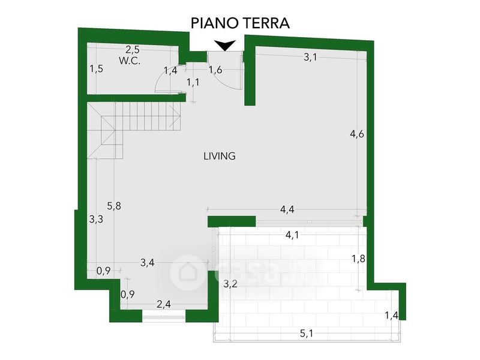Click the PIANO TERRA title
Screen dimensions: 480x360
coord(241,23)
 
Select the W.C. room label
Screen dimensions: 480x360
coord(130,61)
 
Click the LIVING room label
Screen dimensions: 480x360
coord(220,156)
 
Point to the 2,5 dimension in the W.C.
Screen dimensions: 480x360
coord(133,49)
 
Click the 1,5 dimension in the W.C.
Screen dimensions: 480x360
coord(96,69)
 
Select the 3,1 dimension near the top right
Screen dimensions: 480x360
coord(310,57)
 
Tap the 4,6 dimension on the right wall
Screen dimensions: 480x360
coord(357,134)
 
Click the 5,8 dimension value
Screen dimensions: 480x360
coord(114,206)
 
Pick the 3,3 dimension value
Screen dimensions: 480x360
coord(96,219)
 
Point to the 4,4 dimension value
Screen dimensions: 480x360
coord(287,209)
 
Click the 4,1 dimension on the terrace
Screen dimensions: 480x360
coord(292,235)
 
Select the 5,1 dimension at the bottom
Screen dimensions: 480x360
coord(307,334)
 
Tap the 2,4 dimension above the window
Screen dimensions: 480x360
coord(164,304)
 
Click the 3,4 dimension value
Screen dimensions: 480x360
coord(148,263)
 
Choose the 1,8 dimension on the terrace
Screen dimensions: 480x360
coord(358,259)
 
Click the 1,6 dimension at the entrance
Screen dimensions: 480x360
coord(215,70)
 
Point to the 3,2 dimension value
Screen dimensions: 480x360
coord(230,284)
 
